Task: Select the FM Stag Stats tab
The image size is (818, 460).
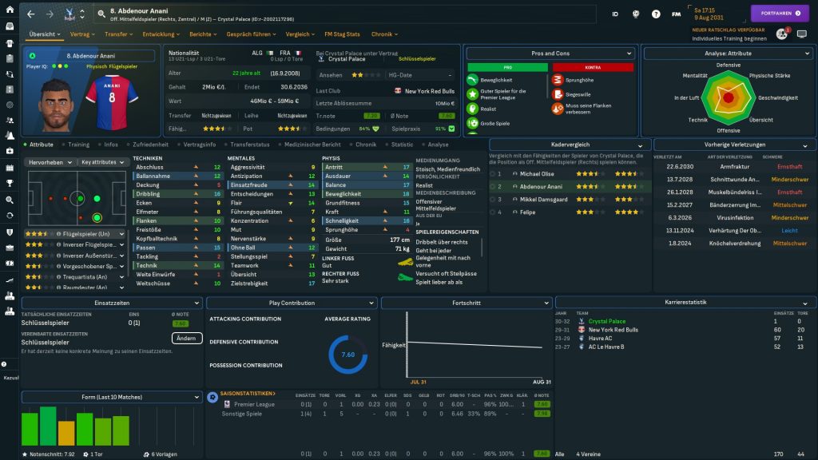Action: pyautogui.click(x=342, y=34)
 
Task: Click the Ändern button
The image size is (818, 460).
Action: pyautogui.click(x=187, y=338)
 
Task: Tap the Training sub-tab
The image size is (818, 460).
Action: pyautogui.click(x=78, y=145)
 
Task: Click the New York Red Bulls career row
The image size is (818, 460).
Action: pyautogui.click(x=613, y=329)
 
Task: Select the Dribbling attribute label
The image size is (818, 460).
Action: pyautogui.click(x=149, y=194)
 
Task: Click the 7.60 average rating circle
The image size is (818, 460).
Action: pyautogui.click(x=347, y=355)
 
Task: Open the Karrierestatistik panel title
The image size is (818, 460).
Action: pyautogui.click(x=685, y=303)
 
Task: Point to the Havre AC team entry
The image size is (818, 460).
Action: pyautogui.click(x=601, y=338)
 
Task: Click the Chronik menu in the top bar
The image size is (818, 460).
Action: pyautogui.click(x=383, y=34)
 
